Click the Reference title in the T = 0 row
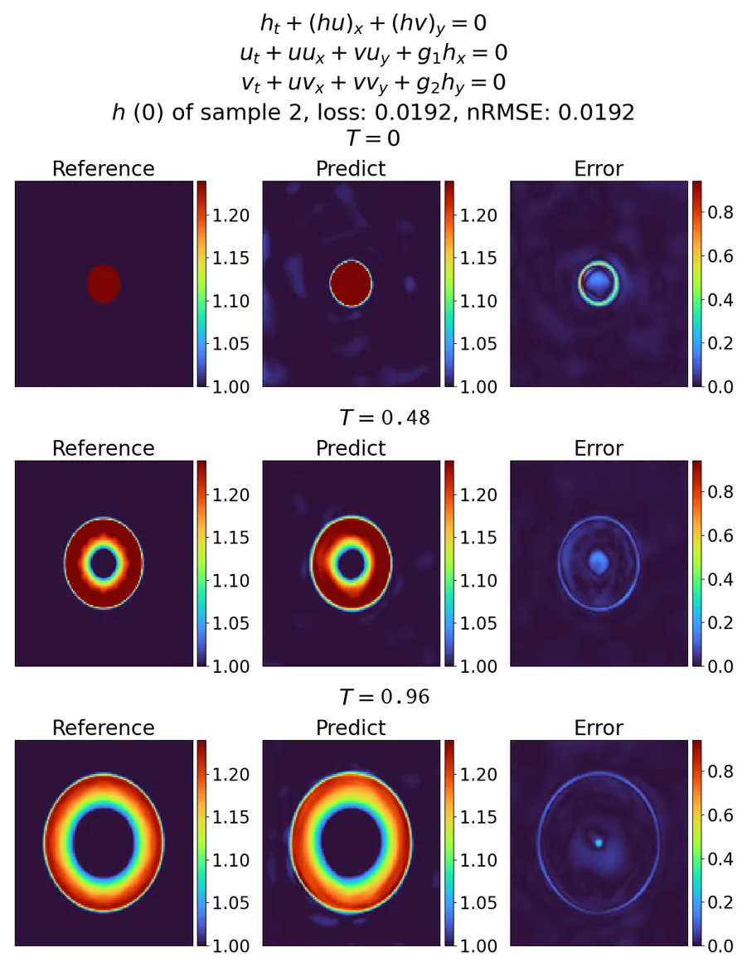point(103,168)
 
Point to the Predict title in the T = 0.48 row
point(351,448)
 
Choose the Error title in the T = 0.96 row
point(598,728)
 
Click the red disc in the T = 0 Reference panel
point(104,284)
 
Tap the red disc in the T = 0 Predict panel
point(351,283)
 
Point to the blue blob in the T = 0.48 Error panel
point(598,562)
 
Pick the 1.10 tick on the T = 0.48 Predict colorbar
point(474,580)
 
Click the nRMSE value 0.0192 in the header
point(597,112)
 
